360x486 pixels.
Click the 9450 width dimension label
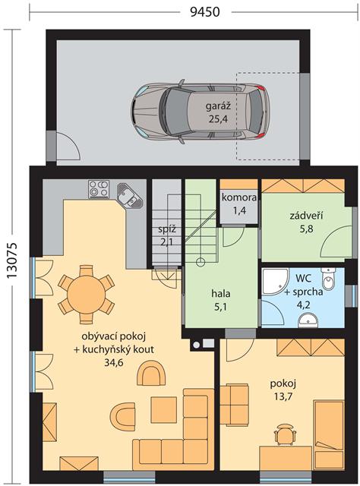(204, 12)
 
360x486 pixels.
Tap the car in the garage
(199, 112)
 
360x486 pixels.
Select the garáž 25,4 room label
(218, 112)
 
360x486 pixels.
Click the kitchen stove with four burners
(99, 189)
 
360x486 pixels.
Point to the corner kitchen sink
(130, 196)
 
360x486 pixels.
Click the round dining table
(86, 294)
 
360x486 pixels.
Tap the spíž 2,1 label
(167, 235)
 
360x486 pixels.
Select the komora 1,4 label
(239, 204)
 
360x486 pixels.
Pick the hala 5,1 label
(221, 300)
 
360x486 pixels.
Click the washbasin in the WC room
(308, 320)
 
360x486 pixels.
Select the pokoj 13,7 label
(283, 390)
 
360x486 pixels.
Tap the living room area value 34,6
(113, 362)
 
